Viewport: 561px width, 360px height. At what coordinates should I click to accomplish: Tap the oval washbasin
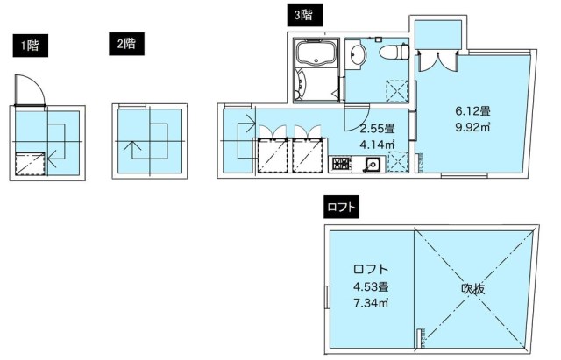[x=357, y=56]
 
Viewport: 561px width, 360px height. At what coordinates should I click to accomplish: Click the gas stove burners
[x=340, y=163]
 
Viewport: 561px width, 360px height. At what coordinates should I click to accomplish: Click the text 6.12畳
[x=472, y=111]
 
